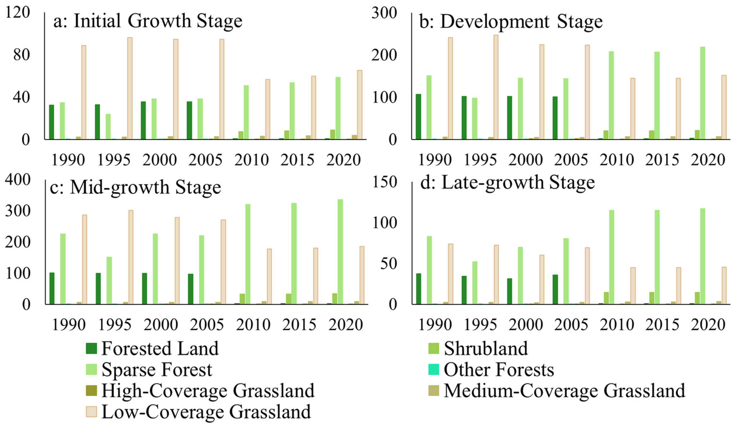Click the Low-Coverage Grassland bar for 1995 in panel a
pyautogui.click(x=130, y=88)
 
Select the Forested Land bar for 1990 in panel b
pyautogui.click(x=418, y=117)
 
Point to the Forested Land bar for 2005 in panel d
pyautogui.click(x=555, y=289)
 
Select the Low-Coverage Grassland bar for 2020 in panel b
pyautogui.click(x=724, y=107)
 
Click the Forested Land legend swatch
pyautogui.click(x=91, y=348)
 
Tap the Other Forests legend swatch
pyautogui.click(x=434, y=370)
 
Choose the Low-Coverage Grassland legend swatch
pyautogui.click(x=91, y=412)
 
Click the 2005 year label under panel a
pyautogui.click(x=205, y=160)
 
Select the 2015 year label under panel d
pyautogui.click(x=662, y=325)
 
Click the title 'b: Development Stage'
pyautogui.click(x=511, y=22)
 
